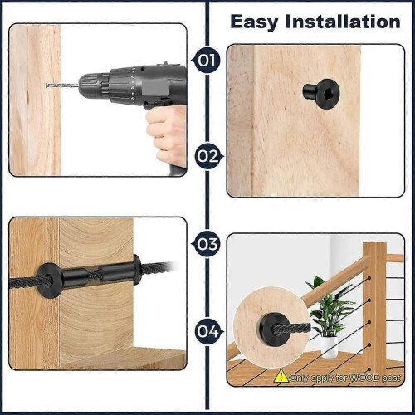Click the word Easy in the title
tap(254, 22)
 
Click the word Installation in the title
tap(343, 22)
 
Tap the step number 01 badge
tap(207, 60)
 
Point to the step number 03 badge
tap(207, 244)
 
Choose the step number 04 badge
tap(209, 331)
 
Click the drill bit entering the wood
tap(62, 85)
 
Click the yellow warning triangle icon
tap(281, 376)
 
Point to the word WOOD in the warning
tap(363, 378)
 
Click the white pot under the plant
tap(329, 347)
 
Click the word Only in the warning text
tap(299, 378)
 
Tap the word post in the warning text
tap(391, 378)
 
